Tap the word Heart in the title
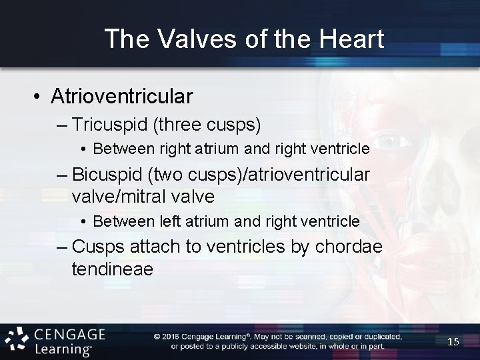tap(351, 39)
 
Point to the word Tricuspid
tap(104, 125)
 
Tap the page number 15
tap(453, 341)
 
